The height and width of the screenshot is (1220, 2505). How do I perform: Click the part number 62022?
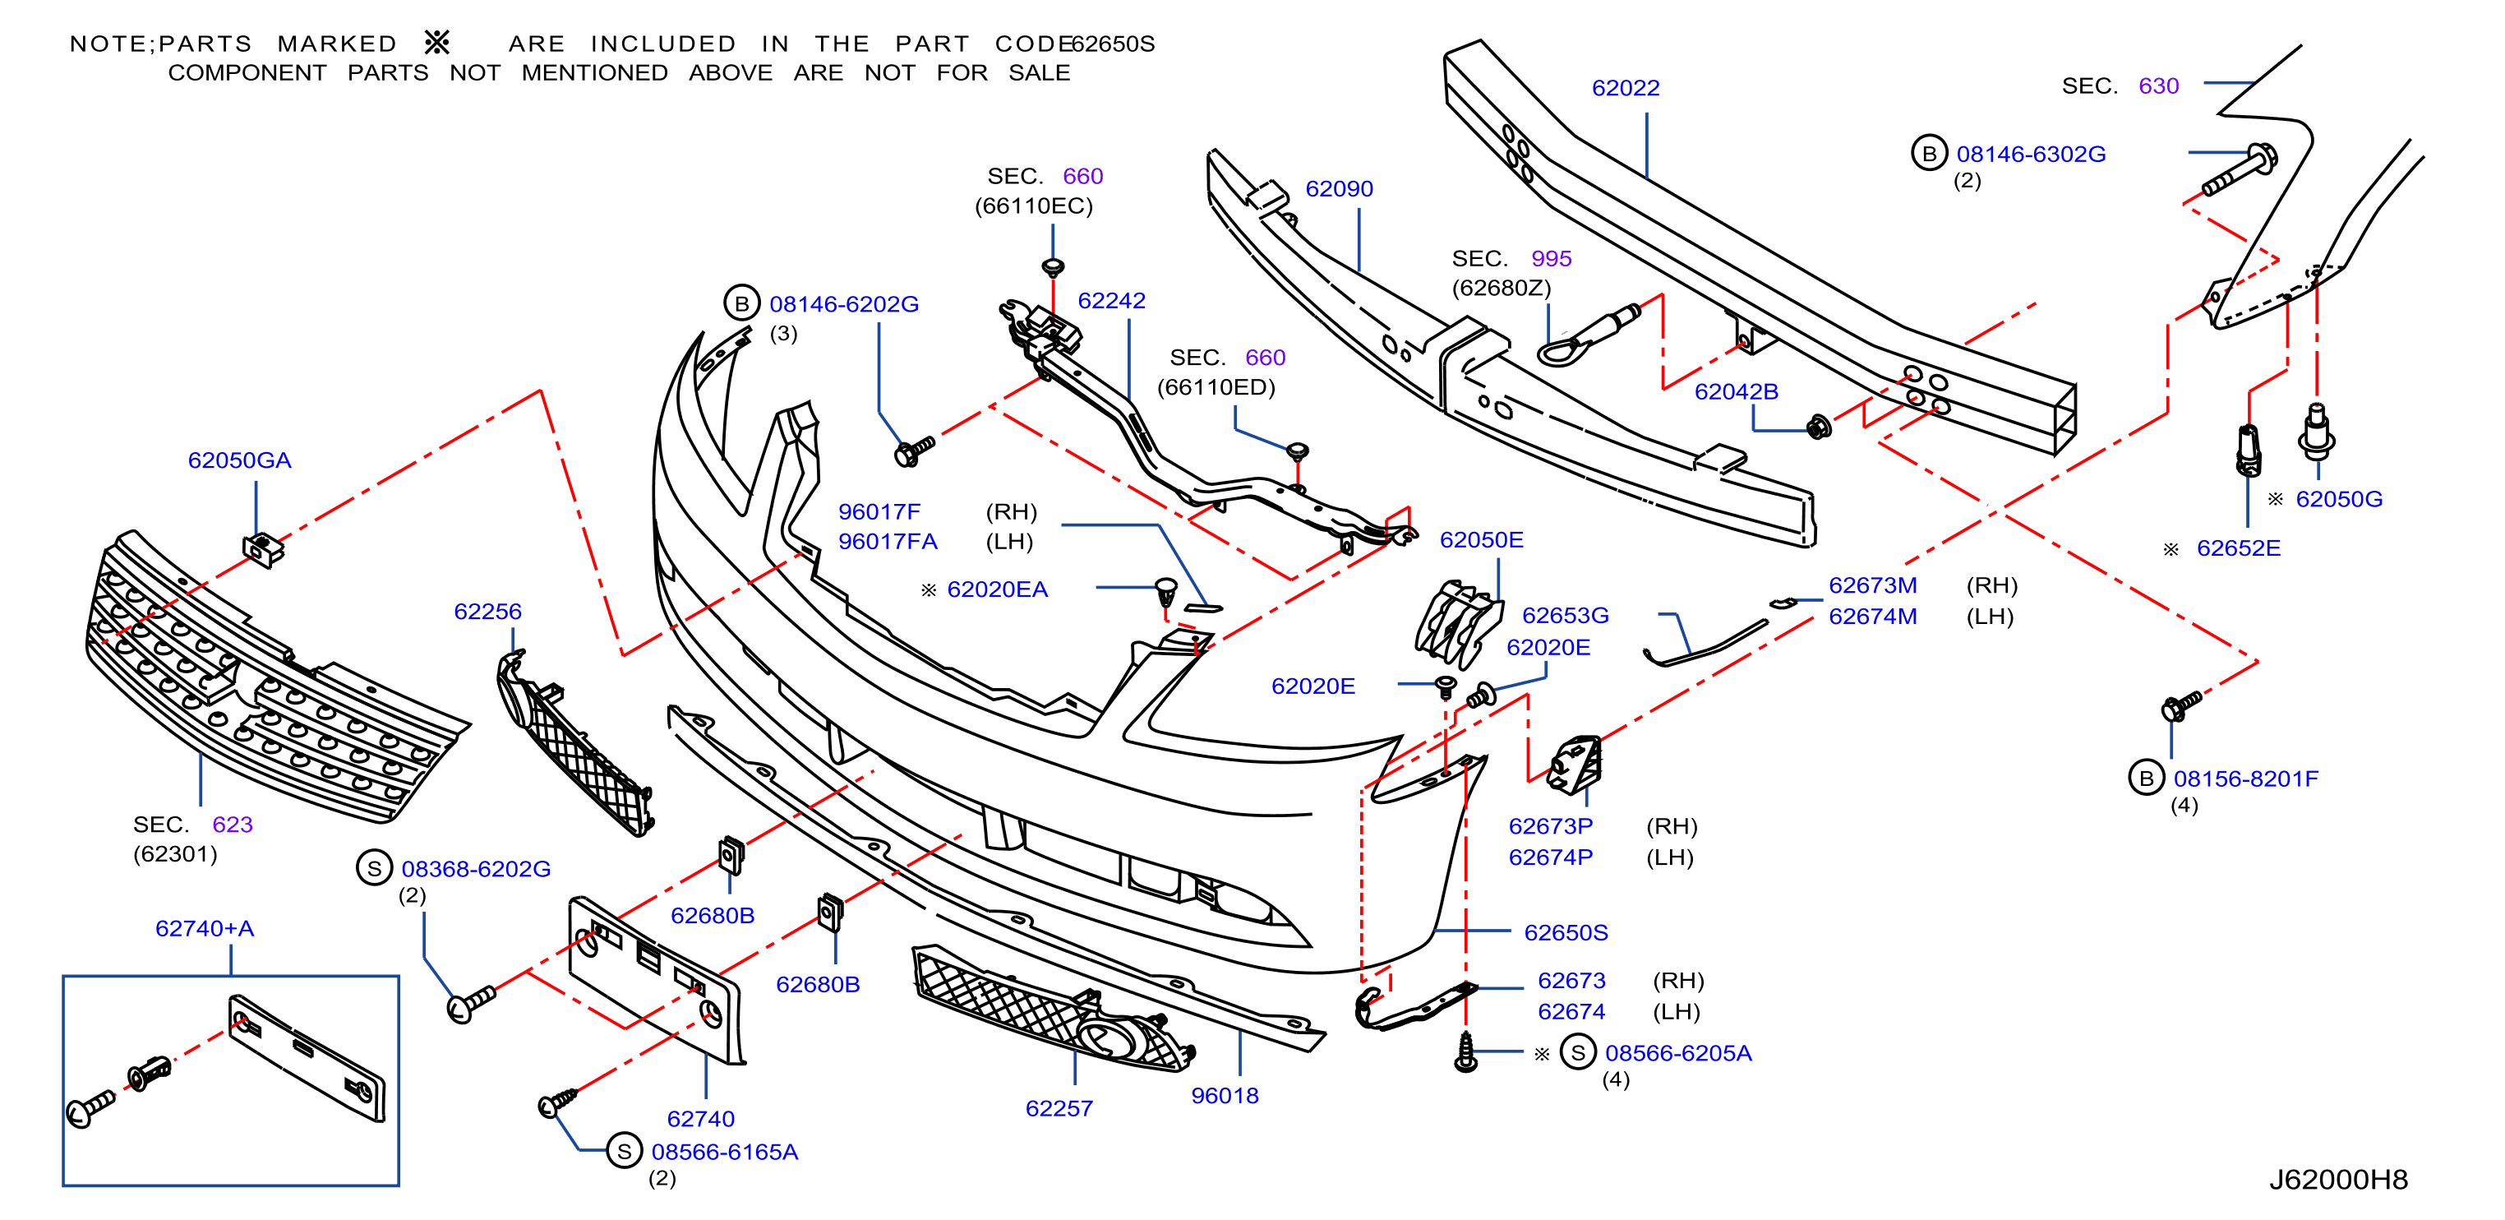(x=1625, y=89)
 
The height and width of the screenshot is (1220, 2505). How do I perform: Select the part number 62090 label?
(x=1339, y=189)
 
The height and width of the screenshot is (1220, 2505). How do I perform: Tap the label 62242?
(x=1111, y=301)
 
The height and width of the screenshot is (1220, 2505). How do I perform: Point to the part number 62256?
(x=487, y=611)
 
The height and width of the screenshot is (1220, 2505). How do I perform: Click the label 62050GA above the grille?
(x=239, y=460)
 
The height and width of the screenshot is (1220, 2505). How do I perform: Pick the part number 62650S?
(x=1566, y=932)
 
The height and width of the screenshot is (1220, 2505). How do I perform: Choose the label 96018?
(x=1225, y=1096)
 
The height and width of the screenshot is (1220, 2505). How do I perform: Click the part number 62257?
(x=1059, y=1108)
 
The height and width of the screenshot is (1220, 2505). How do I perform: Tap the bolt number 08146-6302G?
(x=2031, y=154)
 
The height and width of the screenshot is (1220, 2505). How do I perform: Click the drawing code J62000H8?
(x=2337, y=1179)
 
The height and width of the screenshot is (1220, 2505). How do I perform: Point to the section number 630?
(x=2158, y=85)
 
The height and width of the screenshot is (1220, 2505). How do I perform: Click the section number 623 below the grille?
(x=233, y=824)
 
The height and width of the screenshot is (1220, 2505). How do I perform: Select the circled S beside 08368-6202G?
(x=375, y=868)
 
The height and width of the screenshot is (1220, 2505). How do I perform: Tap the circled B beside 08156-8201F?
(x=2146, y=779)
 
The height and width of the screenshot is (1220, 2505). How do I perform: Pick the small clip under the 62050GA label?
(x=262, y=550)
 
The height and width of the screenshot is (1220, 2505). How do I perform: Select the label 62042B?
(x=1736, y=391)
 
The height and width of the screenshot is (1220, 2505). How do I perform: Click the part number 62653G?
(x=1565, y=615)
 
